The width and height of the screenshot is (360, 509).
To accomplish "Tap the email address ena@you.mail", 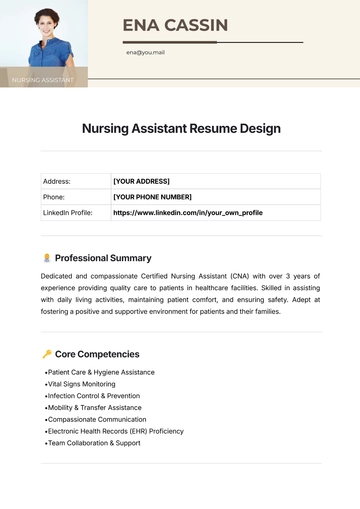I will coord(146,52).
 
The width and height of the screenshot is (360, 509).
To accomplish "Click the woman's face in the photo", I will coord(43,23).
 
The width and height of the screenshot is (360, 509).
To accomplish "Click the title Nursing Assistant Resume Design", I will coord(180,128).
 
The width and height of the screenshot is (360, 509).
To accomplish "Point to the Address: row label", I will coord(56,181).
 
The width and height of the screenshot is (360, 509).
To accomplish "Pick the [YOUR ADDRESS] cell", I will coord(141,181).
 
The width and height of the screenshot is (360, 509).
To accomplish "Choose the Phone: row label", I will coord(54,197).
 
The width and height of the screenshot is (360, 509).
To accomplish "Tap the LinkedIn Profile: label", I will coord(69,213).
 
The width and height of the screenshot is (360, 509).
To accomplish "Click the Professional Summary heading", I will coord(103,258).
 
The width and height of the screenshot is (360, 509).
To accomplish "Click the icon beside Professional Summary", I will coord(47,258).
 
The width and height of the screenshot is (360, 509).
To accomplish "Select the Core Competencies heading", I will coord(97,354).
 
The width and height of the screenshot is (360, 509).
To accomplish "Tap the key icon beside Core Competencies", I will coord(47,354).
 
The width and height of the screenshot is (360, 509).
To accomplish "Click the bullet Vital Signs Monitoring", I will coord(81,384).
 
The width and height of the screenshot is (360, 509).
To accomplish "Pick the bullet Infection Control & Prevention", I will coord(94,396).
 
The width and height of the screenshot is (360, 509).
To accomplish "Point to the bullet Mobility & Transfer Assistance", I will coord(94,408).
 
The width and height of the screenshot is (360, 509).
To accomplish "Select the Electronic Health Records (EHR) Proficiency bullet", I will coord(115,431).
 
